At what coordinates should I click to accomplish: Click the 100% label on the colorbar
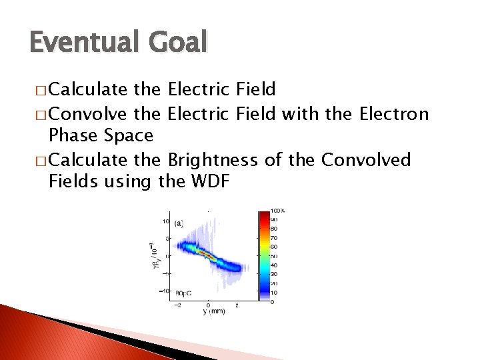coord(277,211)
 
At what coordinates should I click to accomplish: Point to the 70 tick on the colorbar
coord(274,237)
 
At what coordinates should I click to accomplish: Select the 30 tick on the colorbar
coord(274,274)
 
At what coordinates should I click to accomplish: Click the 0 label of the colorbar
coord(272,301)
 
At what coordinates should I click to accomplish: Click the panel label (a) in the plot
coord(179,225)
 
